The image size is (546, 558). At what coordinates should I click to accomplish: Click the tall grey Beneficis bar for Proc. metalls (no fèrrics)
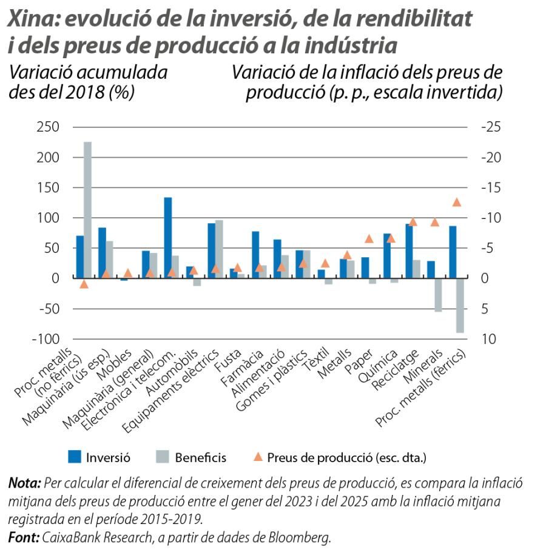(x=88, y=209)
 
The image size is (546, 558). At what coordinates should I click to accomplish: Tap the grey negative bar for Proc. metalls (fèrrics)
(x=460, y=305)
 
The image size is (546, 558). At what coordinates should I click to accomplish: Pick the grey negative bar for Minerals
(x=439, y=295)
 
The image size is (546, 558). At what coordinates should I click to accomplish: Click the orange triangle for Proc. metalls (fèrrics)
(x=457, y=203)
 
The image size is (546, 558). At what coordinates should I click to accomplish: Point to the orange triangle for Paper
(x=368, y=239)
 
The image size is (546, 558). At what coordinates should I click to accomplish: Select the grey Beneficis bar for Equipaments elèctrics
(x=219, y=249)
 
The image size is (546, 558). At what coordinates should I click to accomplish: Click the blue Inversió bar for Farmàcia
(x=255, y=254)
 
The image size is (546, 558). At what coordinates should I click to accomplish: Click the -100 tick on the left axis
(x=45, y=339)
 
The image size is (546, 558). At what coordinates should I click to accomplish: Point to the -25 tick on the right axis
(x=491, y=127)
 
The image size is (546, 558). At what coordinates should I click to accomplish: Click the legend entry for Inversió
(x=108, y=457)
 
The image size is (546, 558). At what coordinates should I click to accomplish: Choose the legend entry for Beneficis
(x=200, y=457)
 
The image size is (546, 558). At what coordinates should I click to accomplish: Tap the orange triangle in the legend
(x=258, y=457)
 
